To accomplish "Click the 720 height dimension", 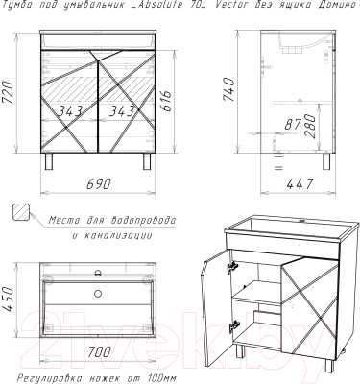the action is tap(7, 92).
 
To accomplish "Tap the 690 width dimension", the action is tap(99, 183).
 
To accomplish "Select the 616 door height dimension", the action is tap(166, 101).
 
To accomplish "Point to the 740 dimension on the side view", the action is tap(228, 89).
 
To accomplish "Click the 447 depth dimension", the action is tap(300, 184).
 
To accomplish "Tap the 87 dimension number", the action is tap(293, 124).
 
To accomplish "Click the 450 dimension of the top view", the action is tap(7, 299).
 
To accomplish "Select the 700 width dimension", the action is tap(98, 351).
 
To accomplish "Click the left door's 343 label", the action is tap(70, 111).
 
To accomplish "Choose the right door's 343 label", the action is tap(121, 111).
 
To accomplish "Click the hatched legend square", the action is tap(21, 212).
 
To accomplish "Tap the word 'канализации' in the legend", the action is tap(118, 236).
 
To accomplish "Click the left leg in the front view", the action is tap(49, 160).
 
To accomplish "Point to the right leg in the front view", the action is tap(147, 160).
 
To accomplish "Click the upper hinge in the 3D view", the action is tap(232, 267).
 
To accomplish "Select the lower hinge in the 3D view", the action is tap(233, 326).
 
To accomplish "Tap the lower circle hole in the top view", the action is tap(98, 293).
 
